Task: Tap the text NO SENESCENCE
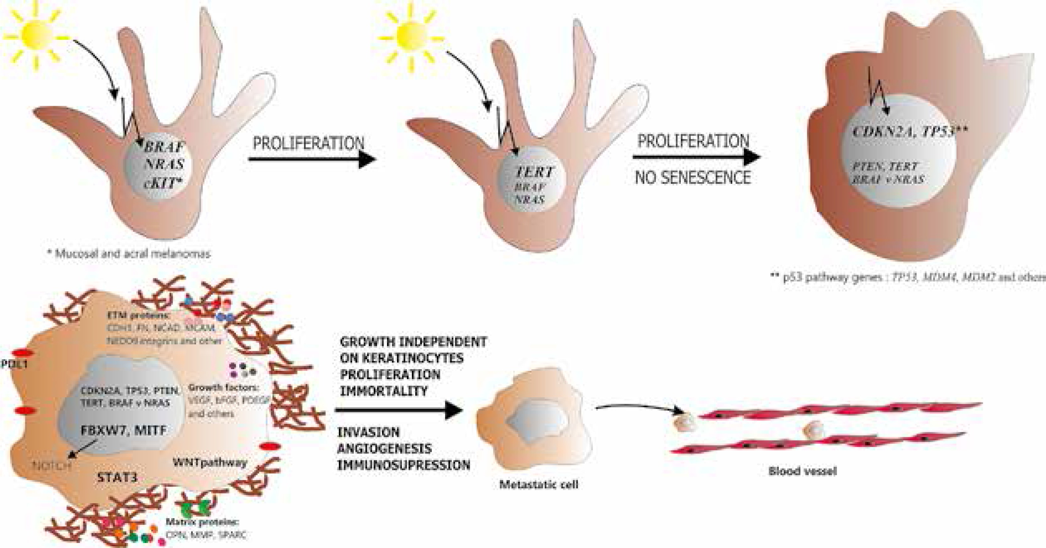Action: (693, 178)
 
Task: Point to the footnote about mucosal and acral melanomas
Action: (129, 254)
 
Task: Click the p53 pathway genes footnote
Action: (908, 277)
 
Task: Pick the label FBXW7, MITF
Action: (123, 430)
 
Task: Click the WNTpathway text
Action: (210, 462)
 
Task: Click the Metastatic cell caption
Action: (538, 484)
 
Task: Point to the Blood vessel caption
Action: (802, 471)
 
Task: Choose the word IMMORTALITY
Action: (384, 391)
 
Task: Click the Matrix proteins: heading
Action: (202, 522)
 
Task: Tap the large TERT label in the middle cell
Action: (534, 172)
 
